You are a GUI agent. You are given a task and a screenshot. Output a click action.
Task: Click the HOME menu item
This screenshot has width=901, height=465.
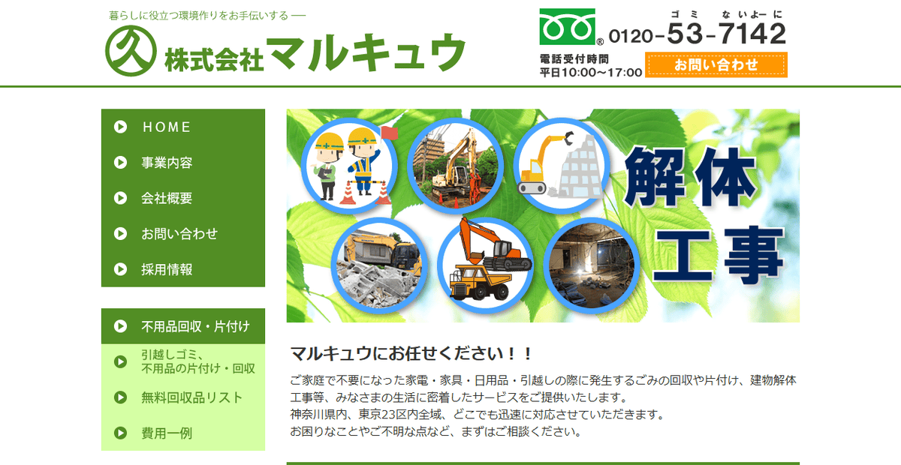[167, 127]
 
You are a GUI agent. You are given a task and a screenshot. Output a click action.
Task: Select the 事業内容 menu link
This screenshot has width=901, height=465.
[167, 163]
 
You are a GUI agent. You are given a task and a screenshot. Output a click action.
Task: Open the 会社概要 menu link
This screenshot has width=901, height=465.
[167, 199]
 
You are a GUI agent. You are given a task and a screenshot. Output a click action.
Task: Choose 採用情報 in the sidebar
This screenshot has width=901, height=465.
[167, 270]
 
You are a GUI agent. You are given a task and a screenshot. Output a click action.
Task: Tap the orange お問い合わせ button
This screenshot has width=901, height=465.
[716, 65]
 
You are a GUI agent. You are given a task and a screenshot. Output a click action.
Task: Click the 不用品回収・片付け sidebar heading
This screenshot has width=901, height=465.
[195, 326]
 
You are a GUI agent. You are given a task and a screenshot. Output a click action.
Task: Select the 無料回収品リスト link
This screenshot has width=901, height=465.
[191, 397]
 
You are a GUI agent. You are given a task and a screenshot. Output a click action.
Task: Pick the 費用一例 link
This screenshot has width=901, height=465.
[167, 433]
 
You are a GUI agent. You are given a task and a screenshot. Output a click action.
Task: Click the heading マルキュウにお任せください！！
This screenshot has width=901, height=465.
[411, 353]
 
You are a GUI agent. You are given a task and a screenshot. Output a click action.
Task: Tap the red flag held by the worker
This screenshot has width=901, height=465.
[389, 132]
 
